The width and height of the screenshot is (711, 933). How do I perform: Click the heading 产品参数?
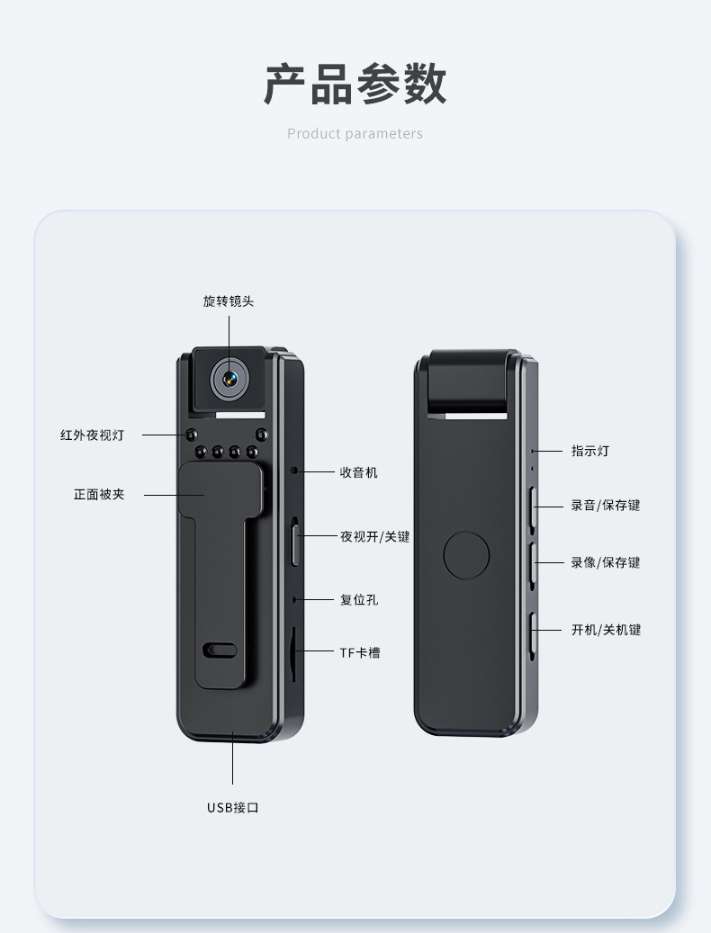[355, 85]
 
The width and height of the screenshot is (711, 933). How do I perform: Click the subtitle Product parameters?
[355, 134]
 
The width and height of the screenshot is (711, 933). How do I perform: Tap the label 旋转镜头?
[229, 301]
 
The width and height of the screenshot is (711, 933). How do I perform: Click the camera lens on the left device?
[229, 379]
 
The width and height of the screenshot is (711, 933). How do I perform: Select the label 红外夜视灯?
[92, 435]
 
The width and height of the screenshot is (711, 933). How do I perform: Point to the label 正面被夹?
[99, 494]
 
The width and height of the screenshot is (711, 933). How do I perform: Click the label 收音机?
[358, 471]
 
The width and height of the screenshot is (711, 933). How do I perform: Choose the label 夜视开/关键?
[374, 536]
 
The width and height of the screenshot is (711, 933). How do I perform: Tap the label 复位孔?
[358, 599]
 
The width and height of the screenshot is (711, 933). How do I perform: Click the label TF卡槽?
[359, 652]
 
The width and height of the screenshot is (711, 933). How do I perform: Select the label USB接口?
[233, 808]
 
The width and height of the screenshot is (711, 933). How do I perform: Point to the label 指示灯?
[589, 451]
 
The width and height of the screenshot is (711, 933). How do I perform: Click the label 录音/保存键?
[606, 506]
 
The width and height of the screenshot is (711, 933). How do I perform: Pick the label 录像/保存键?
[606, 563]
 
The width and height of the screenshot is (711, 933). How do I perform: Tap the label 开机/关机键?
[606, 630]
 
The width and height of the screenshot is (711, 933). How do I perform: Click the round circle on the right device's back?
[466, 555]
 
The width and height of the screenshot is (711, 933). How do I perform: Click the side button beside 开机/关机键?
[533, 634]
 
